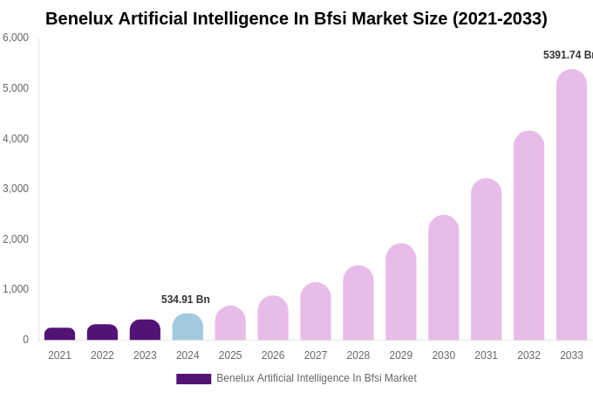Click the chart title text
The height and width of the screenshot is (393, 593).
pyautogui.click(x=296, y=18)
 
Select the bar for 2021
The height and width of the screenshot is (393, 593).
pyautogui.click(x=59, y=334)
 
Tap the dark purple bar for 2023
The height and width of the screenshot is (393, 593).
pyautogui.click(x=145, y=330)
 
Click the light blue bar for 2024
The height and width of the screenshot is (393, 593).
pyautogui.click(x=187, y=327)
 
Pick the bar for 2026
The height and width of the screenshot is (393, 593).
pyautogui.click(x=273, y=318)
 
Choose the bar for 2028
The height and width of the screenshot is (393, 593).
pyautogui.click(x=358, y=303)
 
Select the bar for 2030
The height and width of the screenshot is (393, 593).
pyautogui.click(x=443, y=278)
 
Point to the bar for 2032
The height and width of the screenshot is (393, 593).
pyautogui.click(x=528, y=236)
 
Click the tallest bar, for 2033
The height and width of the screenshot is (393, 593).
pyautogui.click(x=571, y=204)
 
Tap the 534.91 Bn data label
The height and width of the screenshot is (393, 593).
pyautogui.click(x=186, y=300)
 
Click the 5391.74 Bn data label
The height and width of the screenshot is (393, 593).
pyautogui.click(x=568, y=55)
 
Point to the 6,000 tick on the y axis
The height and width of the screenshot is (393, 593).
pyautogui.click(x=16, y=38)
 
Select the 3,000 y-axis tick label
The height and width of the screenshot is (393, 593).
pyautogui.click(x=16, y=189)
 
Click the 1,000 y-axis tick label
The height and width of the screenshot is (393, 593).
pyautogui.click(x=16, y=289)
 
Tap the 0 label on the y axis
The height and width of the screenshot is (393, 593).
pyautogui.click(x=25, y=340)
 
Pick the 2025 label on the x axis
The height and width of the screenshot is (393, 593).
pyautogui.click(x=230, y=355)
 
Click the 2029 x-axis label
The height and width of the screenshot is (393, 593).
pyautogui.click(x=400, y=355)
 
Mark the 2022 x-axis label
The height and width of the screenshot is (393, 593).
pyautogui.click(x=102, y=355)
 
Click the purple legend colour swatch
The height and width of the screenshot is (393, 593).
pyautogui.click(x=194, y=379)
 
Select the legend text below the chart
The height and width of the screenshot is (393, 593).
pyautogui.click(x=317, y=378)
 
